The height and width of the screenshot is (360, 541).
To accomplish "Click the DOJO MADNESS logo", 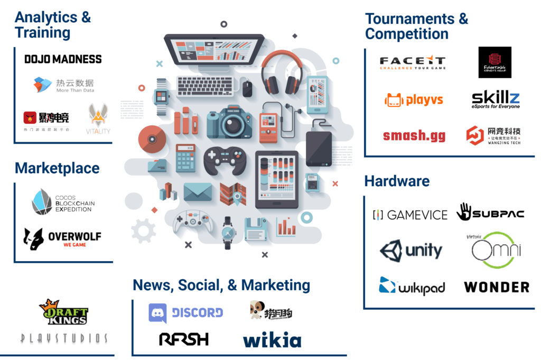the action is pyautogui.click(x=63, y=59).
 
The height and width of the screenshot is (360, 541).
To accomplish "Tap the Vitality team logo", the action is pyautogui.click(x=99, y=119).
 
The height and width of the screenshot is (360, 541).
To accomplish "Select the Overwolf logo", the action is pyautogui.click(x=62, y=238).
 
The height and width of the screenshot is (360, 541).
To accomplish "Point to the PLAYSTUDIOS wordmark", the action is pyautogui.click(x=64, y=338).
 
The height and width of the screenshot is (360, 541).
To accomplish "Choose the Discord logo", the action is pyautogui.click(x=185, y=313).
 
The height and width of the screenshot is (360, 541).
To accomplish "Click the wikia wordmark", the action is pyautogui.click(x=272, y=340).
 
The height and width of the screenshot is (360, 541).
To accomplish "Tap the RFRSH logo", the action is pyautogui.click(x=184, y=338).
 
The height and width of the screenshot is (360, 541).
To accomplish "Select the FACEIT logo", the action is pyautogui.click(x=413, y=63).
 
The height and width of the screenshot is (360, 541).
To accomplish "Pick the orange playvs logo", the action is pyautogui.click(x=414, y=99).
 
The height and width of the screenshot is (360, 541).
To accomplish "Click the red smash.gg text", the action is pyautogui.click(x=414, y=135).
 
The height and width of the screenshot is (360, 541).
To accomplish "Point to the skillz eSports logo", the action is pyautogui.click(x=495, y=99).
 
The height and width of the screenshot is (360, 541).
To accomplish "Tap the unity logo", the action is pyautogui.click(x=411, y=250).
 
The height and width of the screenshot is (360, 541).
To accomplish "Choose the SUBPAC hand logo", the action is pyautogui.click(x=490, y=213).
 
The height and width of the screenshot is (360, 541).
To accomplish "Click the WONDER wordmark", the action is pyautogui.click(x=496, y=287).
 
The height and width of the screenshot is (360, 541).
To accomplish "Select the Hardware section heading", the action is pyautogui.click(x=397, y=181).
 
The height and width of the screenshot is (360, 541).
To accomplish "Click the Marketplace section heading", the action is pyautogui.click(x=57, y=168).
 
